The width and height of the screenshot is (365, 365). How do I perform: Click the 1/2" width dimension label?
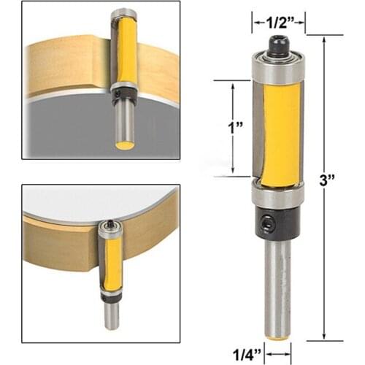pos(277,23)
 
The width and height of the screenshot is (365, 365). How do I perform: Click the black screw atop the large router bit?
pos(278,48)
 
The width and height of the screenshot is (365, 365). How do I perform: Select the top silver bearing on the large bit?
pos(277,69)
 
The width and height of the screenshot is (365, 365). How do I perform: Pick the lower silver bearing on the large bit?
pos(277,196)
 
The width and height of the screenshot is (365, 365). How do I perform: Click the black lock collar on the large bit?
pos(277,223)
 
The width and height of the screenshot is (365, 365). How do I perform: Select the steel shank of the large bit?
pos(277,285)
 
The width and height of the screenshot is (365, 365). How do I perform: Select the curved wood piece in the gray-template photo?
pos(66,66)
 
